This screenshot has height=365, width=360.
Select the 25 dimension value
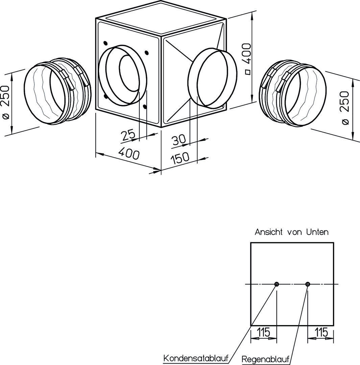tap(128, 135)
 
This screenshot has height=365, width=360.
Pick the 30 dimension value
tap(179, 140)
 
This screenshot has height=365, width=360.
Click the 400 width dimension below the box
tap(129, 154)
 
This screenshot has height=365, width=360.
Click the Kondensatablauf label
tap(196, 358)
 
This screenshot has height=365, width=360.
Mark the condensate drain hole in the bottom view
tap(277, 284)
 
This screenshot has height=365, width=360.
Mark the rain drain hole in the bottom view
tap(307, 284)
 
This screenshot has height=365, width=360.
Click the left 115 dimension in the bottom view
tap(263, 332)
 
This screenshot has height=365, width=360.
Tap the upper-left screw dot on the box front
tap(105, 43)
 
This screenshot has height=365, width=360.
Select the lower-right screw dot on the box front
tap(145, 107)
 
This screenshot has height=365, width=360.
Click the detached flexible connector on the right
tap(293, 94)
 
